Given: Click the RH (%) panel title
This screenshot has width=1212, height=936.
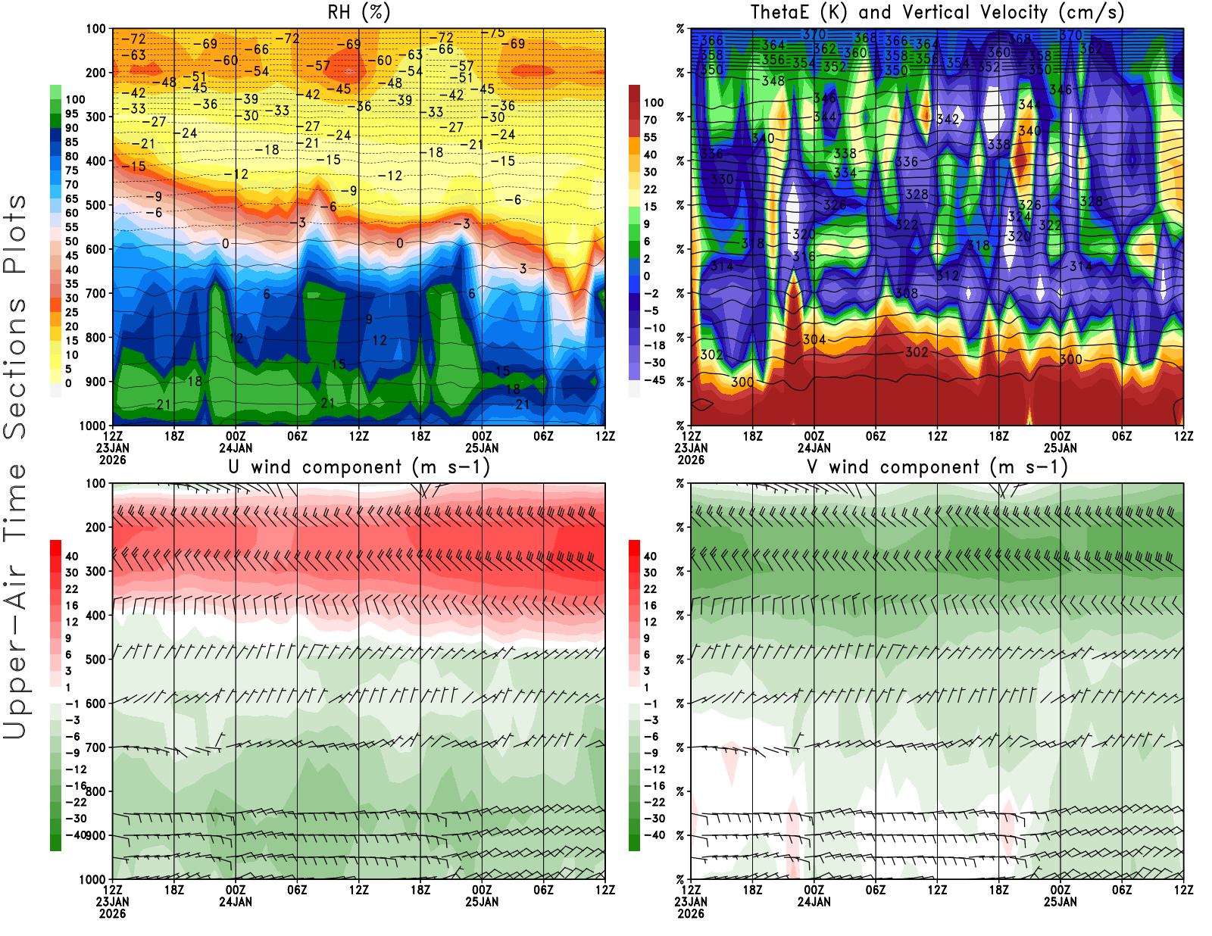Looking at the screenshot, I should pyautogui.click(x=358, y=13).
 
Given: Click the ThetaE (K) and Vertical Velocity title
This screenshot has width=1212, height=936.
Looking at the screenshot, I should pyautogui.click(x=937, y=13).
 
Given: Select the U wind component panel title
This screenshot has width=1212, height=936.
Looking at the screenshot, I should pyautogui.click(x=358, y=467).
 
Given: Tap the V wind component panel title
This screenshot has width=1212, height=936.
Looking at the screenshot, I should pyautogui.click(x=937, y=467).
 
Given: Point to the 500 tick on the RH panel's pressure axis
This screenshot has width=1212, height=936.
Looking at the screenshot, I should pyautogui.click(x=96, y=205).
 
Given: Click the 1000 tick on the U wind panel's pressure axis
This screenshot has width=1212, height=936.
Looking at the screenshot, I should pyautogui.click(x=93, y=880).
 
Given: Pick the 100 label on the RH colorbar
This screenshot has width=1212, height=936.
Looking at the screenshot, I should pyautogui.click(x=75, y=100).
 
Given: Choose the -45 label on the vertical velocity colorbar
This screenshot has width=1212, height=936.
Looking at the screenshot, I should pyautogui.click(x=654, y=380).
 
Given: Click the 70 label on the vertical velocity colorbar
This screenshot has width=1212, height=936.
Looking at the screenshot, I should pyautogui.click(x=650, y=120).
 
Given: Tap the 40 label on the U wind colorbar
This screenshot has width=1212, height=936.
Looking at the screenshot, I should pyautogui.click(x=72, y=557).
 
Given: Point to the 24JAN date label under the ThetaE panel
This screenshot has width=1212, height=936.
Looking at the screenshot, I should pyautogui.click(x=814, y=448).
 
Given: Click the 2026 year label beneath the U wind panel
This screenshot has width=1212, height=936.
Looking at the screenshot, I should pyautogui.click(x=112, y=913).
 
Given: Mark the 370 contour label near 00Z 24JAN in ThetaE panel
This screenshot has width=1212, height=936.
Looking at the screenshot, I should pyautogui.click(x=814, y=35).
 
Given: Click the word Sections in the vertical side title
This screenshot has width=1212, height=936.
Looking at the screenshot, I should pyautogui.click(x=15, y=368).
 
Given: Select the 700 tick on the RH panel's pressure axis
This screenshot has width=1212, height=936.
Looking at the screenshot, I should pyautogui.click(x=96, y=293).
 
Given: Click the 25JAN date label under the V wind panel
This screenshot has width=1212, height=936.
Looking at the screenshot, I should pyautogui.click(x=1060, y=902).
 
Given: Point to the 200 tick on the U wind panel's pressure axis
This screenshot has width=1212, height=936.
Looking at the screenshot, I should pyautogui.click(x=96, y=528).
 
